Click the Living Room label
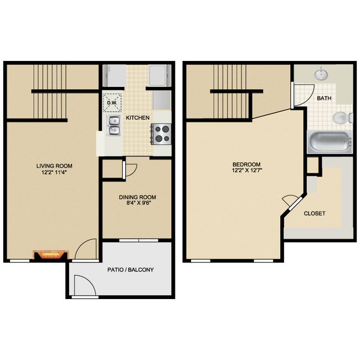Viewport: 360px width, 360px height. (54, 166)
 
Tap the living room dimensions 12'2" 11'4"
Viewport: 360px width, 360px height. (54, 172)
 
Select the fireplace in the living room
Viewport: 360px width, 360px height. (51, 255)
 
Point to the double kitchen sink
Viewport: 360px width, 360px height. (114, 126)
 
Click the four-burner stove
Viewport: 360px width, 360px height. (161, 133)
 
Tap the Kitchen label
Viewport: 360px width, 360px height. (136, 118)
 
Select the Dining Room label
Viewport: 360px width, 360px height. (137, 197)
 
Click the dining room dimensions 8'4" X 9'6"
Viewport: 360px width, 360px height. (137, 204)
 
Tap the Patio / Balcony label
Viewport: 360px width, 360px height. (130, 270)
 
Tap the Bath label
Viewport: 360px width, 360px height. (324, 98)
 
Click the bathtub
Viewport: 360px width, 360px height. (330, 143)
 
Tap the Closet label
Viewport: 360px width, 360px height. (314, 213)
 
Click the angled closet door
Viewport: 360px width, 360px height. (289, 203)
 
